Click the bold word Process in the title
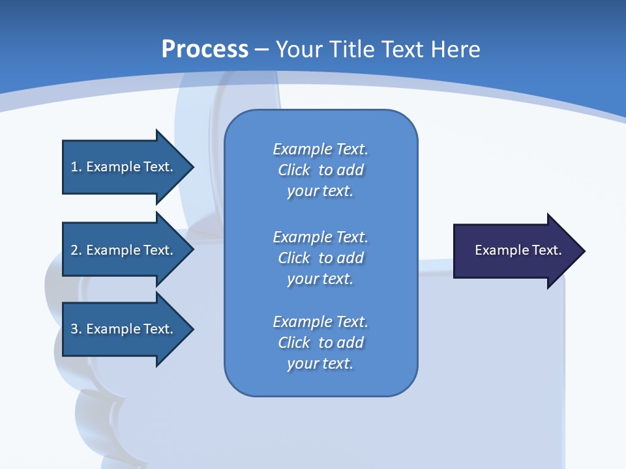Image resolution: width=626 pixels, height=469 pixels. pyautogui.click(x=205, y=49)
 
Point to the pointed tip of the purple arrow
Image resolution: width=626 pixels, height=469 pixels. pyautogui.click(x=583, y=251)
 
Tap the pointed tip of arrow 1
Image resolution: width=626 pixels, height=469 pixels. pyautogui.click(x=192, y=167)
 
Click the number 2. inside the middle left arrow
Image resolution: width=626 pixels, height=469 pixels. pyautogui.click(x=76, y=250)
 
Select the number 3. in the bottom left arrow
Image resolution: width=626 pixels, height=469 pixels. pyautogui.click(x=76, y=329)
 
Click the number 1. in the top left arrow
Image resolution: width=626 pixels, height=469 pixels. pyautogui.click(x=76, y=167)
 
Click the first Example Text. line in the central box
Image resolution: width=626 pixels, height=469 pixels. pyautogui.click(x=320, y=149)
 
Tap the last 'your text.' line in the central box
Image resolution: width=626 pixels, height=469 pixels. pyautogui.click(x=320, y=363)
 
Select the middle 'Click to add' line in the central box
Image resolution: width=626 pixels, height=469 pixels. pyautogui.click(x=320, y=258)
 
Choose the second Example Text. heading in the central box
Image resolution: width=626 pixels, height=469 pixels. pyautogui.click(x=320, y=236)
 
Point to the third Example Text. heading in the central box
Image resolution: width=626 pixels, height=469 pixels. pyautogui.click(x=320, y=322)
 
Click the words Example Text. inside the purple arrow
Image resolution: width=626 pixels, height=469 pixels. pyautogui.click(x=518, y=250)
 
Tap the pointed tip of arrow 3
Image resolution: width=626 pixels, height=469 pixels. pyautogui.click(x=192, y=329)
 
